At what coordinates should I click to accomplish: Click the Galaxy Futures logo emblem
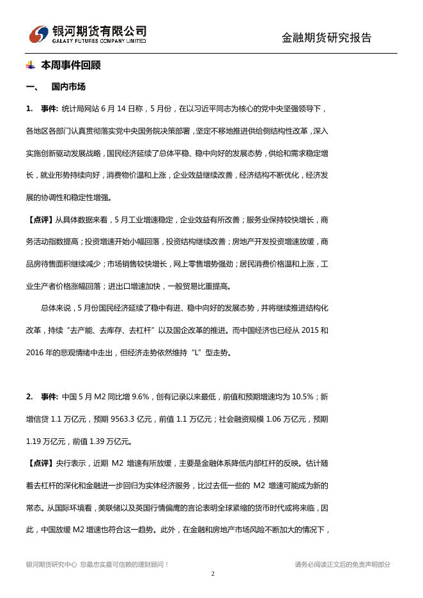coord(39,34)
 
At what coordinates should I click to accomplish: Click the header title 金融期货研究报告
coord(326,38)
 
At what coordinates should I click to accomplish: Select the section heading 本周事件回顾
coord(71,65)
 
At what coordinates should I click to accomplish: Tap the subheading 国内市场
coord(68,86)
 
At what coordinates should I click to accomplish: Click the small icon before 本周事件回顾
coord(30,65)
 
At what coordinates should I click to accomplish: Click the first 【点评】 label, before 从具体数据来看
coord(40,220)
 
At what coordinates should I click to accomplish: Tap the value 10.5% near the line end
coord(301,397)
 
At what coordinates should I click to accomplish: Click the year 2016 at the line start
coord(36,352)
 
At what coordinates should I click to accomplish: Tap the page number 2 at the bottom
coord(213,574)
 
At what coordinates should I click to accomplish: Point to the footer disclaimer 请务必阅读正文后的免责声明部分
coord(342,564)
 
